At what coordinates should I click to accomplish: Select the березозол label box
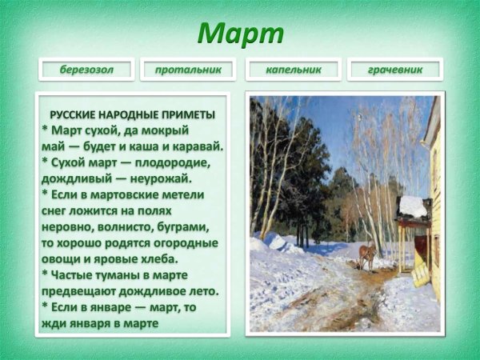[x=86, y=70]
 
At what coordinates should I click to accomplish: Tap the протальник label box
[x=188, y=70]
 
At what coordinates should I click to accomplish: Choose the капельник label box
[x=294, y=70]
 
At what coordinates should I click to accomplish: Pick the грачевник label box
[x=395, y=70]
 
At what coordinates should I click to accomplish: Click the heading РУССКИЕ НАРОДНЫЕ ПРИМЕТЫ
[x=132, y=114]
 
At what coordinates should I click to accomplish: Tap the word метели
[x=184, y=194]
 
